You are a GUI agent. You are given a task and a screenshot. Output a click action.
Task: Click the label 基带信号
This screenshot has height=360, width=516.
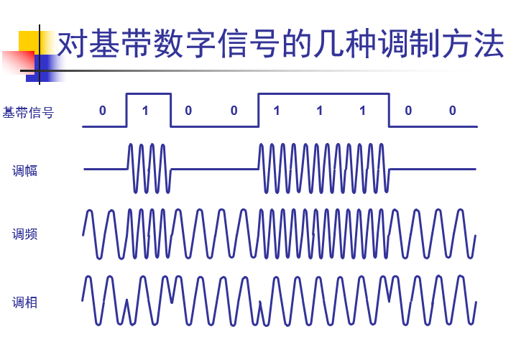click(x=28, y=112)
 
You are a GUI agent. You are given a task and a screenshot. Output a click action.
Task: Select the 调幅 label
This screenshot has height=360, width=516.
click(x=24, y=171)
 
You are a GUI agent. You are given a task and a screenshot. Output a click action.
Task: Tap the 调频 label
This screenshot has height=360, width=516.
click(x=24, y=234)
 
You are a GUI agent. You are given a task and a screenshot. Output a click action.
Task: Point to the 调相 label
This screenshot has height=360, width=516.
click(x=24, y=303)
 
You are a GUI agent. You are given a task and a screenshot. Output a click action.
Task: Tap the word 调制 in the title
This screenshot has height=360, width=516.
click(x=406, y=45)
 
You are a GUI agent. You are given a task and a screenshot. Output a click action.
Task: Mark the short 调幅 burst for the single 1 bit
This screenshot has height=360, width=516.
click(x=149, y=168)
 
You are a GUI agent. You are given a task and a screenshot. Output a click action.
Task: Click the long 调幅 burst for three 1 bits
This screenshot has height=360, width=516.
click(x=323, y=168)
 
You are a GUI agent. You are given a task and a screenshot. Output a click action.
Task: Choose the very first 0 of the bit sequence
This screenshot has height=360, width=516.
click(x=102, y=111)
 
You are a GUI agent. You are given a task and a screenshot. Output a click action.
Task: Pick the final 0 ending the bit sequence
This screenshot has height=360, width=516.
click(x=452, y=111)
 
